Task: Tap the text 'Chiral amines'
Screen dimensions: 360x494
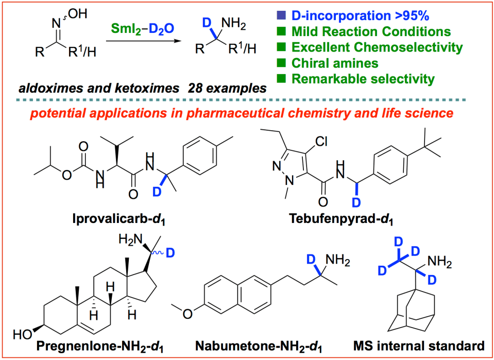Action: pyautogui.click(x=335, y=63)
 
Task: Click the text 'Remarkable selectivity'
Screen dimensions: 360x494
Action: pyautogui.click(x=363, y=79)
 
